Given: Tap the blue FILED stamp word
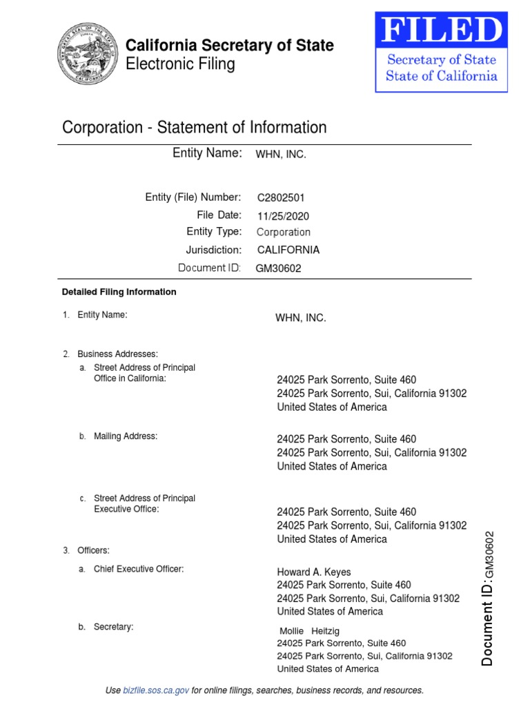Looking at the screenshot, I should coord(442,31).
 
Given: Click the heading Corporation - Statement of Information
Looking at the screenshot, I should coord(194,128).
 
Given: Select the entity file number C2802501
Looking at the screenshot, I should coord(281,197).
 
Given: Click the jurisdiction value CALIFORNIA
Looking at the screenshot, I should coord(288,250).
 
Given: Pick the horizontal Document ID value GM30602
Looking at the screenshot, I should coord(279,269).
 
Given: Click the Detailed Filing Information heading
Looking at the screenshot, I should coord(119,292).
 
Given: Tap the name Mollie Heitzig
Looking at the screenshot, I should coord(309,631).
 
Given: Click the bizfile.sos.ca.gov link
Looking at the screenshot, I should coord(156,690).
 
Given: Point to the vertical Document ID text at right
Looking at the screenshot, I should coord(488,598).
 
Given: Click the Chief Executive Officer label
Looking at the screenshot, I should coord(139,570).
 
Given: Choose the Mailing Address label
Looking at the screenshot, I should coord(126,436).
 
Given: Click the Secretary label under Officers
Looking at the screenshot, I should coord(113,627).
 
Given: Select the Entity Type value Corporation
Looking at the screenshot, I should coord(284,233).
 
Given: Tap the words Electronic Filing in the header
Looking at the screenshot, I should coord(180,65).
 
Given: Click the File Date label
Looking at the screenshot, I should coord(219,215).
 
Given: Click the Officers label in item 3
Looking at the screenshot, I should coord(93,550).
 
